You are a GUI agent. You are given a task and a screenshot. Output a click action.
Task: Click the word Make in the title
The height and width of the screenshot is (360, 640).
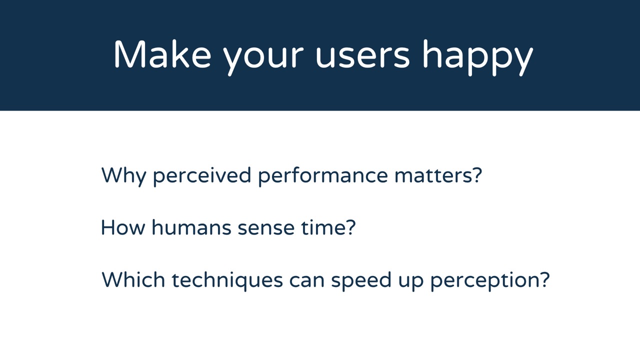coord(162,54)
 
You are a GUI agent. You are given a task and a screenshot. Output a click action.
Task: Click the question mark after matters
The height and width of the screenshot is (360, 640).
coord(477,175)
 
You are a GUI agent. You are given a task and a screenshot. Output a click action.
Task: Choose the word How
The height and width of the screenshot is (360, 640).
coord(123,227)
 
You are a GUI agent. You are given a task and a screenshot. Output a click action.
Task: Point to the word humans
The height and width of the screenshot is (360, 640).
coord(191,227)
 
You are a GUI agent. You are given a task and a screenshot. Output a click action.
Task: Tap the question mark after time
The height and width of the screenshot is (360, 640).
coord(350,227)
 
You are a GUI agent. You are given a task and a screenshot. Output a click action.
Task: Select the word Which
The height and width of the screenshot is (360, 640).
coord(133,279)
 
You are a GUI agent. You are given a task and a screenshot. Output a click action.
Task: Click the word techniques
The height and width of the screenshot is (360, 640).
coord(227,281)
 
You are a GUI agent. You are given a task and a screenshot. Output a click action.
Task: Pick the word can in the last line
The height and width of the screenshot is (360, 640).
coord(307,281)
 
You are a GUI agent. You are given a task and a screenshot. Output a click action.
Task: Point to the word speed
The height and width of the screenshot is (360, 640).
coord(361,281)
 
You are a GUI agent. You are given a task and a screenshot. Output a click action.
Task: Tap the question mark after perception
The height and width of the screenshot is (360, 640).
coord(544,279)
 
